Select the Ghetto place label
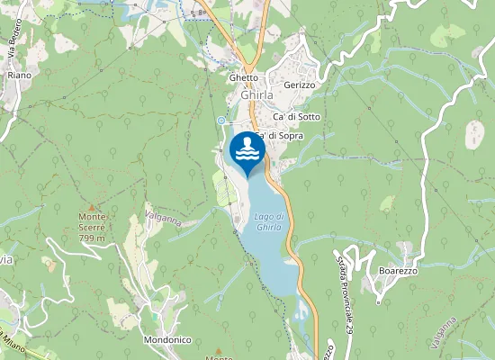coord(243,77)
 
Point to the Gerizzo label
coord(299,85)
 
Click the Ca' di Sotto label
coord(297,118)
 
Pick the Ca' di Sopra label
coord(279,136)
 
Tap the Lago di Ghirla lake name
coord(269,221)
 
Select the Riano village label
coord(19,75)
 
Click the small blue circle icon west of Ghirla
coord(220,120)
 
